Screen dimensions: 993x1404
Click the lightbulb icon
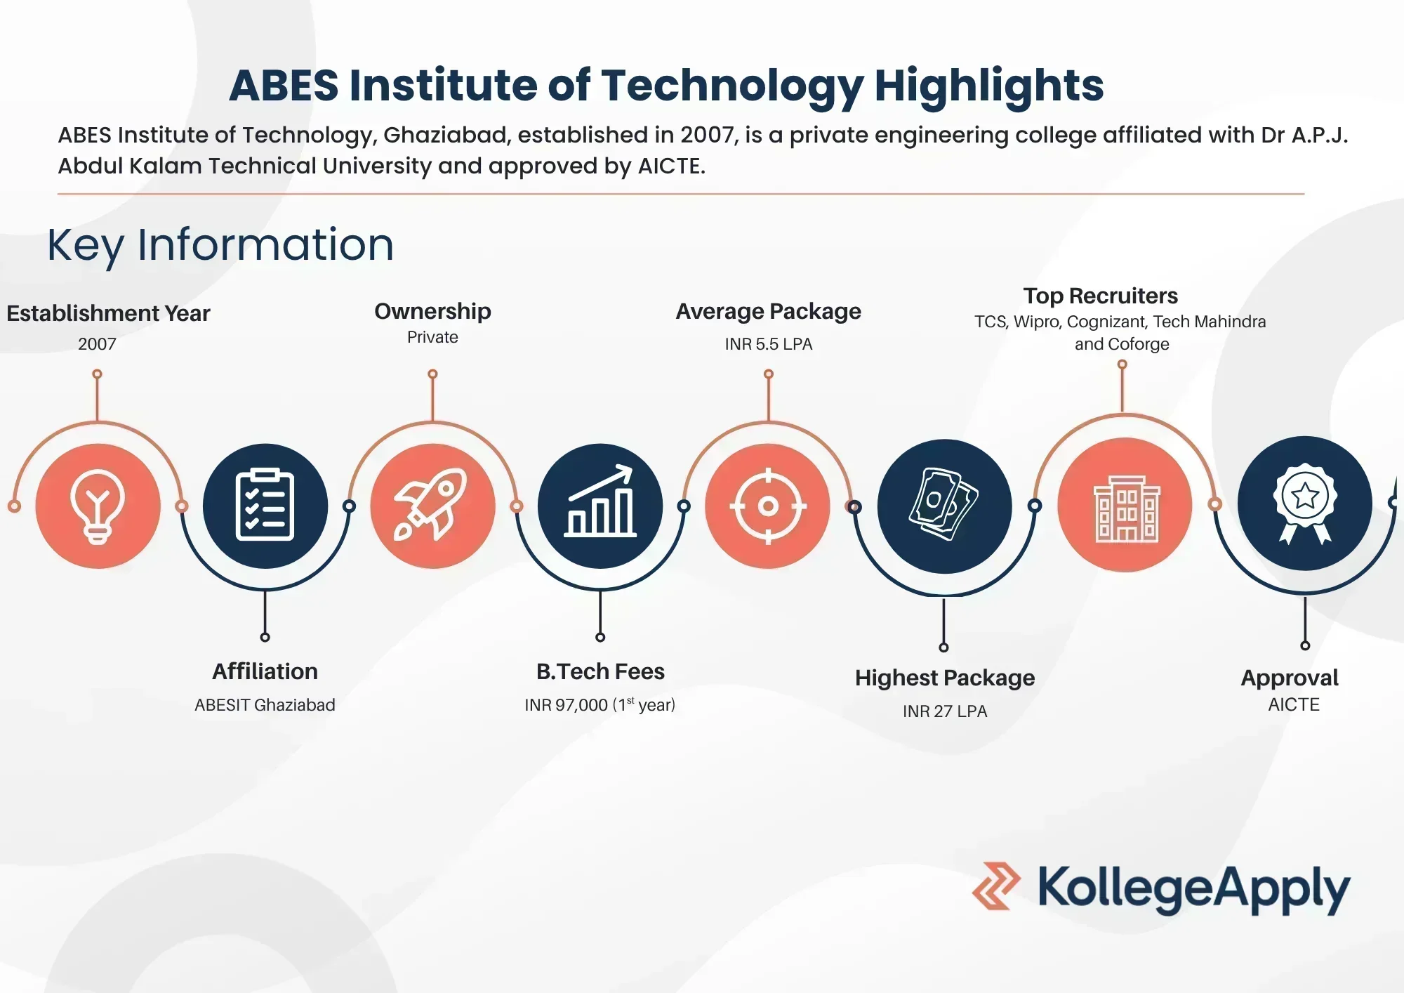(98, 506)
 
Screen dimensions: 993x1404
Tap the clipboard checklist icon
(265, 505)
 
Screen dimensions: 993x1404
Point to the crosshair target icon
(768, 506)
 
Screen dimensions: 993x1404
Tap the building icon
(1125, 506)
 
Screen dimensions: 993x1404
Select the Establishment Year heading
(108, 313)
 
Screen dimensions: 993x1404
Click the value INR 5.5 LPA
(769, 344)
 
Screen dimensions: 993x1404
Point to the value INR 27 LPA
(945, 711)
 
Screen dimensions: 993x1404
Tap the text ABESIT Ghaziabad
(265, 705)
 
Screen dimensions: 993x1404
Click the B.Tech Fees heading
(600, 671)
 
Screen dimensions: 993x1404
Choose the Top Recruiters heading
(1100, 296)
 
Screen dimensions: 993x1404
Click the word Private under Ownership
(432, 337)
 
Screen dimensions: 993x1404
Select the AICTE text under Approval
(1294, 704)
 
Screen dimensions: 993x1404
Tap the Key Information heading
(220, 244)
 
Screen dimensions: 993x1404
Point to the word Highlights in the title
(988, 86)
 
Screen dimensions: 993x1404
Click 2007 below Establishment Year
(97, 344)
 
